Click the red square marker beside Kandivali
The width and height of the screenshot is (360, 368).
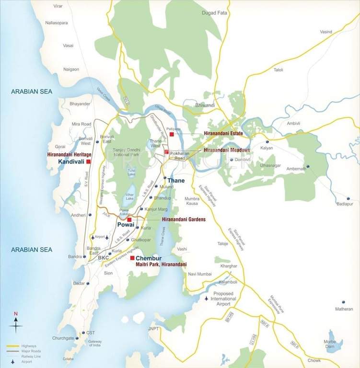point(88,162)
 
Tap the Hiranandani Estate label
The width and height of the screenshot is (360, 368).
point(223,134)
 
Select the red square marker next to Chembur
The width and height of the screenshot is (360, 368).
point(132,258)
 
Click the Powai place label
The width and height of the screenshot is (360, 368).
point(126,228)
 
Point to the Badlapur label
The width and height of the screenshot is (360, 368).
point(344,204)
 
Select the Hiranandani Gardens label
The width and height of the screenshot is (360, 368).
point(184,219)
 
